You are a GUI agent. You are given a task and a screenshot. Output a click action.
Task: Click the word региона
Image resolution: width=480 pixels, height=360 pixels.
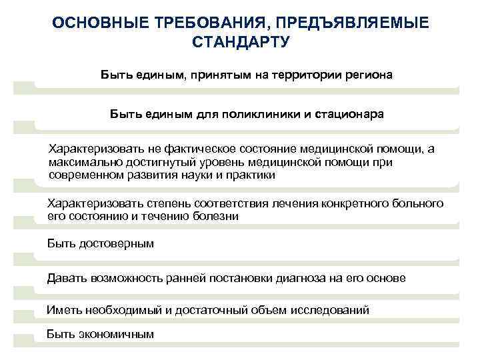coord(369,75)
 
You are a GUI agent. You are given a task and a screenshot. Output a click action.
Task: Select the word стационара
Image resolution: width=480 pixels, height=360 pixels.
coord(351,114)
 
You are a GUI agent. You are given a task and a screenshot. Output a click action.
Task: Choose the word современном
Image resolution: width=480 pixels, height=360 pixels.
coord(86,175)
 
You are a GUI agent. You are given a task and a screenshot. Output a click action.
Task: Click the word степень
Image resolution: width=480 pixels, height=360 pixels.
coord(151,203)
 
